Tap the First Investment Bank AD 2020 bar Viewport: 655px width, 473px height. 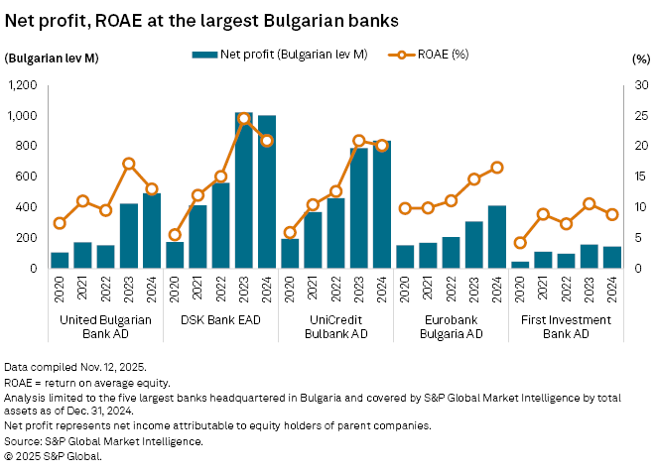520,265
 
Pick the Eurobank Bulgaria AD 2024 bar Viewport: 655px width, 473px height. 496,237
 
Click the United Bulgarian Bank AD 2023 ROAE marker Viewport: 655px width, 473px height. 129,164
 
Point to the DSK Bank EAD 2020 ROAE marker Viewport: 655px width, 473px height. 175,235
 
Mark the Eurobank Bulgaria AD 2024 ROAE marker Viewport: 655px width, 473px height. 496,168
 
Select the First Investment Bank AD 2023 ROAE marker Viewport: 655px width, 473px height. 589,204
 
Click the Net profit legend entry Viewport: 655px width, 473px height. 280,55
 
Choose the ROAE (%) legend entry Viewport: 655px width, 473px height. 438,55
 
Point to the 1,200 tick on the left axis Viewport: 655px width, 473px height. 23,85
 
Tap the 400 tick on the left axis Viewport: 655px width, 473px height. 28,207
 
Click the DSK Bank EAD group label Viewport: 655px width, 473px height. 220,319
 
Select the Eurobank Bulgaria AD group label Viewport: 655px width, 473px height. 451,326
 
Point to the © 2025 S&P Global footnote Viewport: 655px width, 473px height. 52,457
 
